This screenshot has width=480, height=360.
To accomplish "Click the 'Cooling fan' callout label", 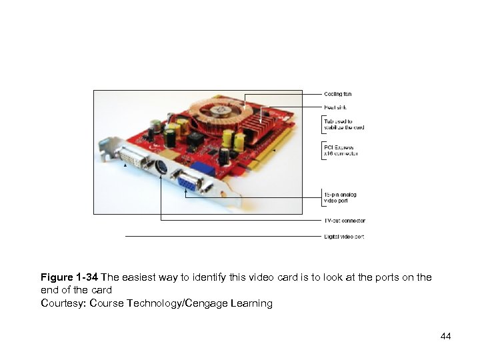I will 337,94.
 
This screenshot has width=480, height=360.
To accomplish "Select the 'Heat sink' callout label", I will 335,107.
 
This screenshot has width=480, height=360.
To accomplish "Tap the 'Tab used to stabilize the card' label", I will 344,124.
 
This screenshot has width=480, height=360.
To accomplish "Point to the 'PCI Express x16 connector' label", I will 341,151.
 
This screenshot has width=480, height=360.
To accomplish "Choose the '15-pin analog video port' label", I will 340,197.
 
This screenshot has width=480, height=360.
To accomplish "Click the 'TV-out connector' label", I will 345,221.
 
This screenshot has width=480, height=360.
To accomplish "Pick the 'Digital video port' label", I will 344,237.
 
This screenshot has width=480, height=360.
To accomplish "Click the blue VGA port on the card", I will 187,181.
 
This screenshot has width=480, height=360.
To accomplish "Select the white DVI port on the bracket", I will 136,161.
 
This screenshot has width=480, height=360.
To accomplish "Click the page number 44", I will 445,336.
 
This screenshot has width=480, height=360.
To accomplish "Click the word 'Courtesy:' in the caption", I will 63,303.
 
